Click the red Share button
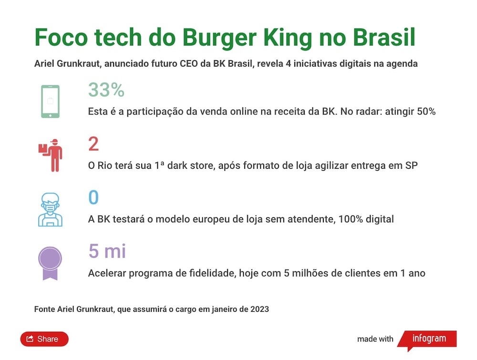tap(44, 339)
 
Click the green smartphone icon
tap(50, 102)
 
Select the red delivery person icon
tap(51, 155)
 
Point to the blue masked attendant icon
tap(50, 209)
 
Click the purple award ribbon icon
tap(50, 263)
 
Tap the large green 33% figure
tap(106, 90)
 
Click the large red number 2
tap(93, 144)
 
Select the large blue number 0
tap(93, 197)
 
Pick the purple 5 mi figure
tap(107, 251)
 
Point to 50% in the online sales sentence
tap(426, 112)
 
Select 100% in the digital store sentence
tap(351, 219)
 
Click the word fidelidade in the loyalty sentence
tap(213, 273)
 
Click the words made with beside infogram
tap(375, 339)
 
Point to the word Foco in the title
tap(61, 37)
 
